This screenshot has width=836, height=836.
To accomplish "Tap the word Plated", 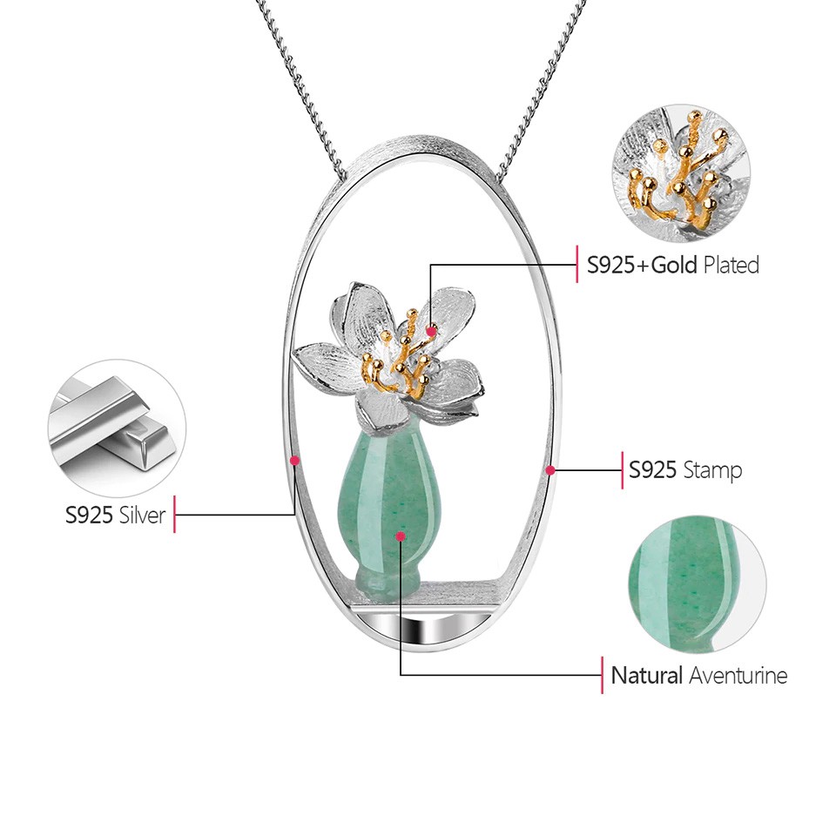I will (x=731, y=265).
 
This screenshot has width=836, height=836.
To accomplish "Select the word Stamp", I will (x=712, y=470).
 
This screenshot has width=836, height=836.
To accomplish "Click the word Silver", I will (x=143, y=515).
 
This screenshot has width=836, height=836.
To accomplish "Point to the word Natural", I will (x=646, y=675).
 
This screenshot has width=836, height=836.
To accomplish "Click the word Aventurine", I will (x=738, y=675).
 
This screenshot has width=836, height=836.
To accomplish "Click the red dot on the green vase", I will (x=400, y=536).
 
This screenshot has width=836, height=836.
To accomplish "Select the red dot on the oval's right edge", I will (x=550, y=470).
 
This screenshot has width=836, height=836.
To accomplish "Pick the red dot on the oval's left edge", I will (x=295, y=460).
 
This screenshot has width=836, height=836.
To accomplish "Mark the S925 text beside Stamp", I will (x=653, y=470).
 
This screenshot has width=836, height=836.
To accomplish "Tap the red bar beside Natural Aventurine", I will (x=603, y=675).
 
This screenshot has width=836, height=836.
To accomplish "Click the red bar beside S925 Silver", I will (x=175, y=515).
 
